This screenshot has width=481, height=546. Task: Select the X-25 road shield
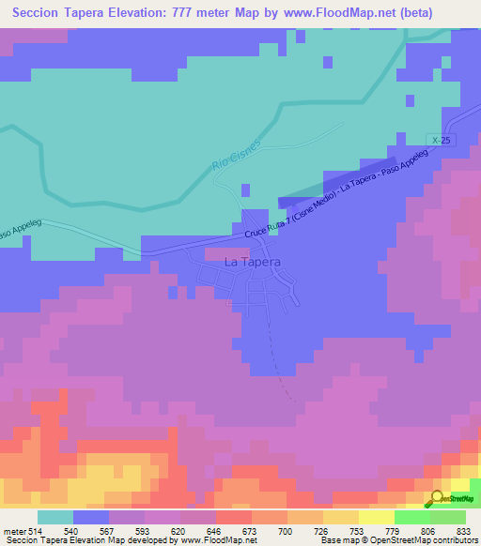[433, 139]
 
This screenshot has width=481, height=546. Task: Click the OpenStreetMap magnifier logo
[437, 498]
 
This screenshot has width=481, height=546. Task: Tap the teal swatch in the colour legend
[55, 517]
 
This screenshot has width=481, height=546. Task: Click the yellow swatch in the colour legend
[340, 517]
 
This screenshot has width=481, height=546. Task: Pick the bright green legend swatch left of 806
[411, 517]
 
